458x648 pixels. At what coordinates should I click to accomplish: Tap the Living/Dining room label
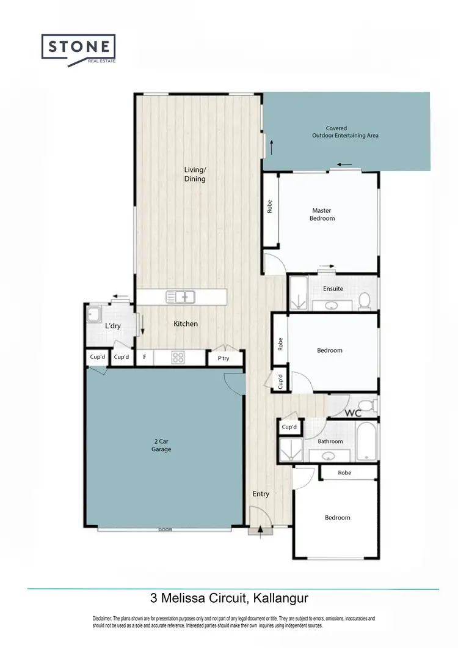(195, 174)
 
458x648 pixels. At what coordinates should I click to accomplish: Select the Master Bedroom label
(322, 214)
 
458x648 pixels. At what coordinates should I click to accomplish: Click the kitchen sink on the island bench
(180, 297)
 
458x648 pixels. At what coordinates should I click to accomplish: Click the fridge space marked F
(144, 357)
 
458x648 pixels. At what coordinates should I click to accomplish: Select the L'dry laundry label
(113, 326)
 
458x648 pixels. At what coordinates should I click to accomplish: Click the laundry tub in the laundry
(95, 314)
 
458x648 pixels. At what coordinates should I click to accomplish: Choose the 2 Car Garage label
(162, 445)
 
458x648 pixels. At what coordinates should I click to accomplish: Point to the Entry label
(261, 493)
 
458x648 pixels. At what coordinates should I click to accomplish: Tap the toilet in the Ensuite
(364, 300)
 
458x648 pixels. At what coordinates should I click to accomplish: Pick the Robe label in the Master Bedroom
(269, 207)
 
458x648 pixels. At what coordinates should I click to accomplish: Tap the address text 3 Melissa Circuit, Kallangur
(232, 597)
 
